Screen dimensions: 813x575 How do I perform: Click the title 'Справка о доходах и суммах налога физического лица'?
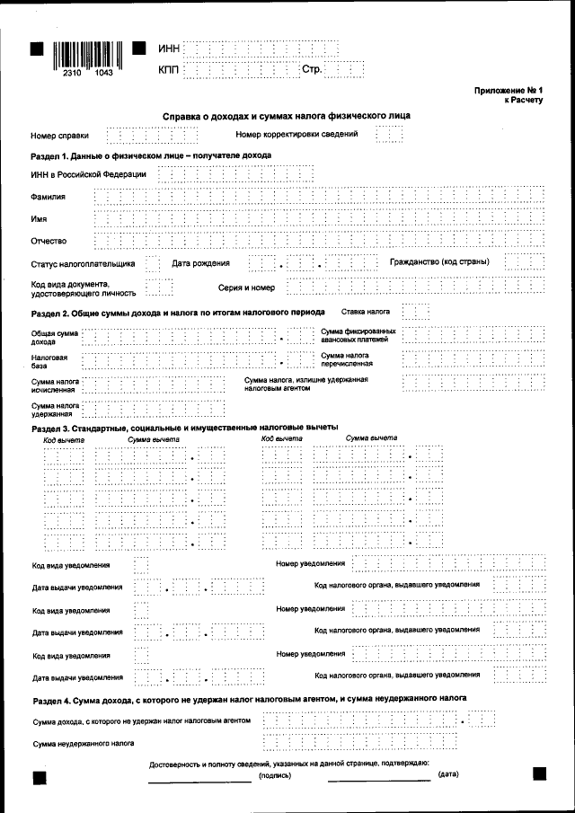[x=287, y=117]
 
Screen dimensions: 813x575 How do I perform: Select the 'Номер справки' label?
[x=59, y=136]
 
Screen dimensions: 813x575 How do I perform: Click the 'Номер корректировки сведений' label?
[x=296, y=135]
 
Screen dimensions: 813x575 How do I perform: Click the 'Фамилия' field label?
[x=49, y=197]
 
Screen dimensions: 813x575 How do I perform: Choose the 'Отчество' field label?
[x=49, y=241]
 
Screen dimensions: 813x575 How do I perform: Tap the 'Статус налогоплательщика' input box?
[x=153, y=263]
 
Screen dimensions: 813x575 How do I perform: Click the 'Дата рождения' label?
[x=200, y=263]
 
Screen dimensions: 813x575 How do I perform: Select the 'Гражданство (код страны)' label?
[x=439, y=262]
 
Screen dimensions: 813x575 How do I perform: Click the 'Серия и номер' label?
[x=246, y=288]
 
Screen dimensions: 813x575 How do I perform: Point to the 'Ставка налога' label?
[x=366, y=311]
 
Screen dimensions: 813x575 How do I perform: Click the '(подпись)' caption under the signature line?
[x=274, y=774]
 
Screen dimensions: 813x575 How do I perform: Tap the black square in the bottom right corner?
[x=539, y=773]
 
